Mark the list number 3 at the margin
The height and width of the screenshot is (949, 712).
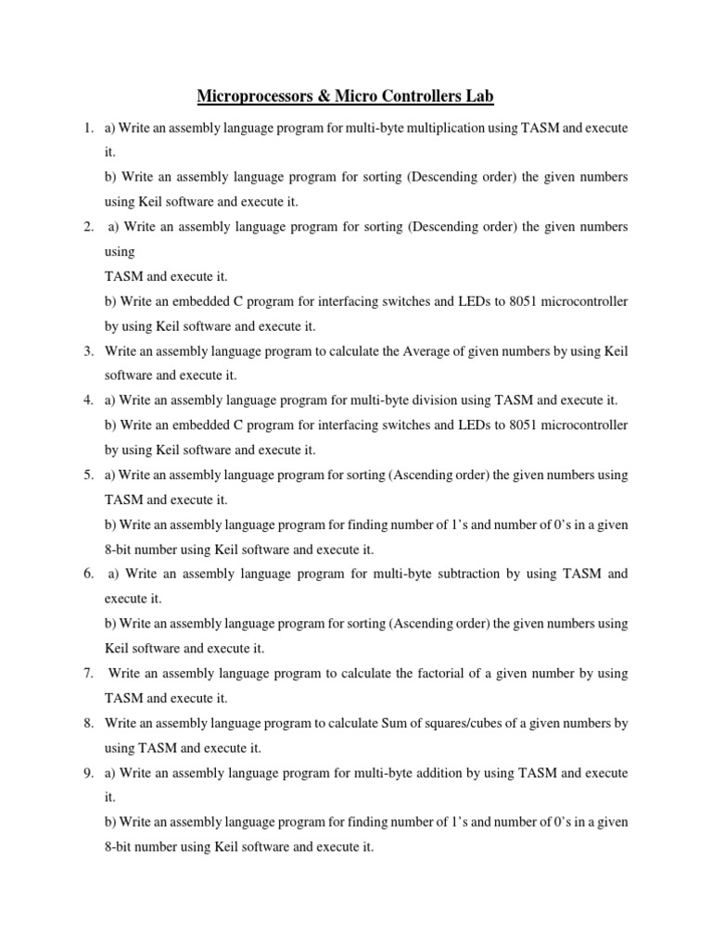coord(87,351)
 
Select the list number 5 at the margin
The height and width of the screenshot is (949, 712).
coord(87,474)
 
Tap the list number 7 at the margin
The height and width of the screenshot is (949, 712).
coord(87,673)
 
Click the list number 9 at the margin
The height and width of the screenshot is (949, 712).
coord(87,772)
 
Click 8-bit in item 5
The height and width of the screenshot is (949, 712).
coord(121,549)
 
